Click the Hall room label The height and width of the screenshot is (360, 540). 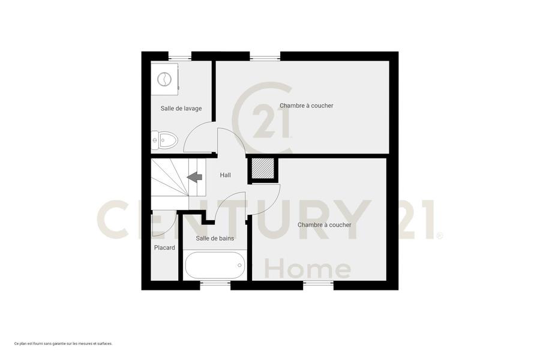(x=225, y=175)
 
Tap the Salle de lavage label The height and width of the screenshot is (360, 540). (x=181, y=108)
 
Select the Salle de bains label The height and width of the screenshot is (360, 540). (x=215, y=238)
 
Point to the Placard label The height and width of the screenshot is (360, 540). (x=164, y=247)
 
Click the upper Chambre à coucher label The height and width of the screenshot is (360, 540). (x=307, y=106)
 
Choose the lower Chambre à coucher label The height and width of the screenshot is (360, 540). (x=325, y=224)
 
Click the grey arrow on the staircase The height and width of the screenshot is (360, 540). (x=194, y=177)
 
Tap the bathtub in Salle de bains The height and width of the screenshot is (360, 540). (x=215, y=265)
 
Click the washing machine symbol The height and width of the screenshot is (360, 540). (x=164, y=79)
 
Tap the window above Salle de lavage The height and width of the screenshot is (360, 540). (x=180, y=57)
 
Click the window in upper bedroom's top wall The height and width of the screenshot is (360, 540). (x=265, y=57)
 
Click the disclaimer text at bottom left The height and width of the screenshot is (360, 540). (x=64, y=343)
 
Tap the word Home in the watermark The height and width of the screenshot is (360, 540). (x=308, y=269)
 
